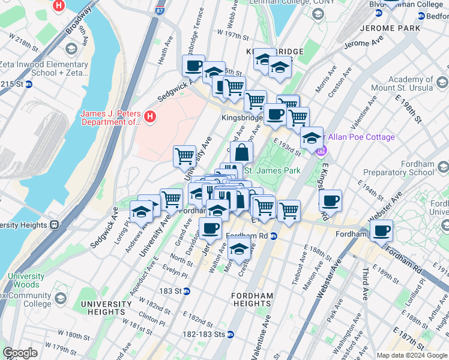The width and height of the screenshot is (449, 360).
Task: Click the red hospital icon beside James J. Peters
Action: (x=150, y=116)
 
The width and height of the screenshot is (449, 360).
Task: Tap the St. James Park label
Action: (x=271, y=171)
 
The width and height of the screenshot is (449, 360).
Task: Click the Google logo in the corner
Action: (x=20, y=353)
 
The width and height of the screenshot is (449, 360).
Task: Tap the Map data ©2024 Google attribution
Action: (x=411, y=355)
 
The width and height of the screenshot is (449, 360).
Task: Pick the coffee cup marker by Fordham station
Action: (x=381, y=230)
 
